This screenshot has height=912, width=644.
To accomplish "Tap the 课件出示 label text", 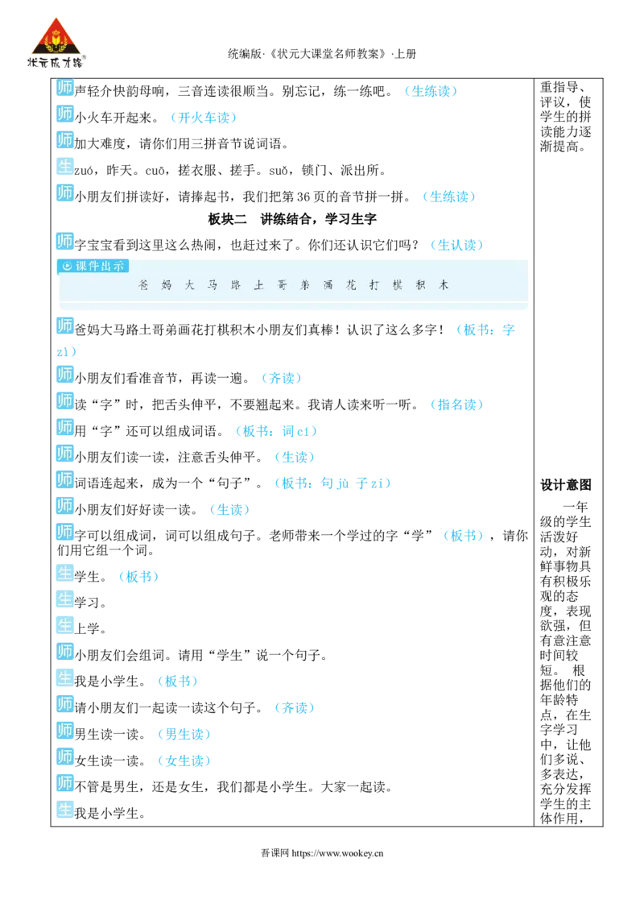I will (x=100, y=266).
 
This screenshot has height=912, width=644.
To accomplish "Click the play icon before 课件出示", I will (x=67, y=266).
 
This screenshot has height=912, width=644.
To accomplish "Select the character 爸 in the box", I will (x=143, y=285).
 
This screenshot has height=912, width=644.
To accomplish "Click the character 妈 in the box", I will (x=167, y=285).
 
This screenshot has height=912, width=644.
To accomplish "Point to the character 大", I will (x=190, y=285).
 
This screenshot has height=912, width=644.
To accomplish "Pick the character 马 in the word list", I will (x=213, y=285).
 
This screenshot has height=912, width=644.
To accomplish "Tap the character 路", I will (x=236, y=285).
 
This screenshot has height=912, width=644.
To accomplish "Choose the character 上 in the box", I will (x=259, y=285).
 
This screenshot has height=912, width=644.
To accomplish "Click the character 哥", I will (x=282, y=285).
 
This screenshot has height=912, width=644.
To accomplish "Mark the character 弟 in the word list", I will (x=305, y=285).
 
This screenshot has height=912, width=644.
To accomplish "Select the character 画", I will (x=328, y=285).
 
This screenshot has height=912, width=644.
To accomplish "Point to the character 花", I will (x=351, y=285).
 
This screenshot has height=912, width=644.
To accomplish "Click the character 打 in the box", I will (x=374, y=285).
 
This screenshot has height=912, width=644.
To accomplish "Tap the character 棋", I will (x=398, y=285).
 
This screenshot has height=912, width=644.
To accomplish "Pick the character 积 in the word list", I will (x=420, y=285).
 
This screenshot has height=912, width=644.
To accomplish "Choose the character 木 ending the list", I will (x=444, y=285).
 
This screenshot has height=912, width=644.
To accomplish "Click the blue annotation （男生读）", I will (x=184, y=734).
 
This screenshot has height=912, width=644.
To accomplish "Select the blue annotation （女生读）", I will (x=184, y=761).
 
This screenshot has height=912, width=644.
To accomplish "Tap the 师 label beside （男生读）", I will (x=64, y=731).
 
